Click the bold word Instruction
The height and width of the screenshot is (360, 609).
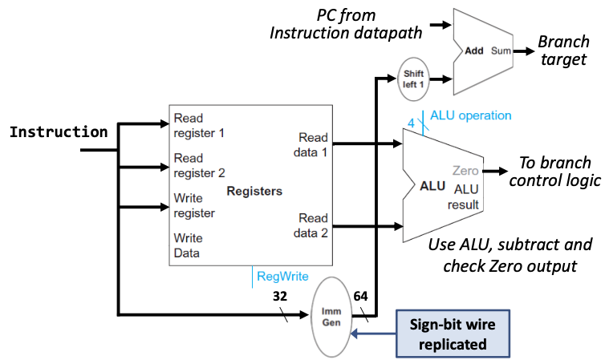[x=58, y=132]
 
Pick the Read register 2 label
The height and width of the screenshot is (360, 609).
[x=199, y=165]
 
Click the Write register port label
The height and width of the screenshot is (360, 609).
[x=194, y=205]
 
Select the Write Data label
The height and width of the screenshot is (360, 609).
[x=189, y=245]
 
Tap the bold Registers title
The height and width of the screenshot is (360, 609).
[x=254, y=192]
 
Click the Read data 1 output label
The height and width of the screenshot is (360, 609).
[x=313, y=144]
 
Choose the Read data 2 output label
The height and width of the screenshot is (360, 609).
[x=313, y=225]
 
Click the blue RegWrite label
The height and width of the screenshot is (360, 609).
[x=282, y=277]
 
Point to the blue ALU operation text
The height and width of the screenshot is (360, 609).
[x=470, y=115]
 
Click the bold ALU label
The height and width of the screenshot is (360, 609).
[x=433, y=186]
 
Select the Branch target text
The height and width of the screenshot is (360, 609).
[x=563, y=51]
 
